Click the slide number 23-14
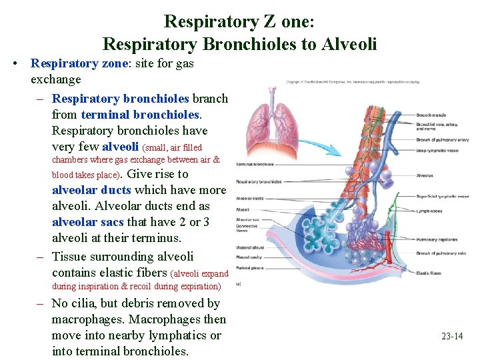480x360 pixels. click(x=452, y=336)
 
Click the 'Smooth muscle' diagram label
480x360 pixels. click(x=430, y=115)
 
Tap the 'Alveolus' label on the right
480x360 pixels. click(x=425, y=176)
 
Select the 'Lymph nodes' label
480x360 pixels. click(x=429, y=211)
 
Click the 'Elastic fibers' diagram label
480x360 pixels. click(x=428, y=273)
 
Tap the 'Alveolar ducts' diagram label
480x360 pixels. click(x=249, y=198)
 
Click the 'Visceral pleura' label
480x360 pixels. click(x=249, y=247)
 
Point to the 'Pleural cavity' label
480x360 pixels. click(x=248, y=257)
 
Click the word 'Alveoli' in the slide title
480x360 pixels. click(x=351, y=45)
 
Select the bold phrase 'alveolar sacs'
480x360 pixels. click(x=88, y=222)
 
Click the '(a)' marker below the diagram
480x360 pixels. click(x=239, y=283)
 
